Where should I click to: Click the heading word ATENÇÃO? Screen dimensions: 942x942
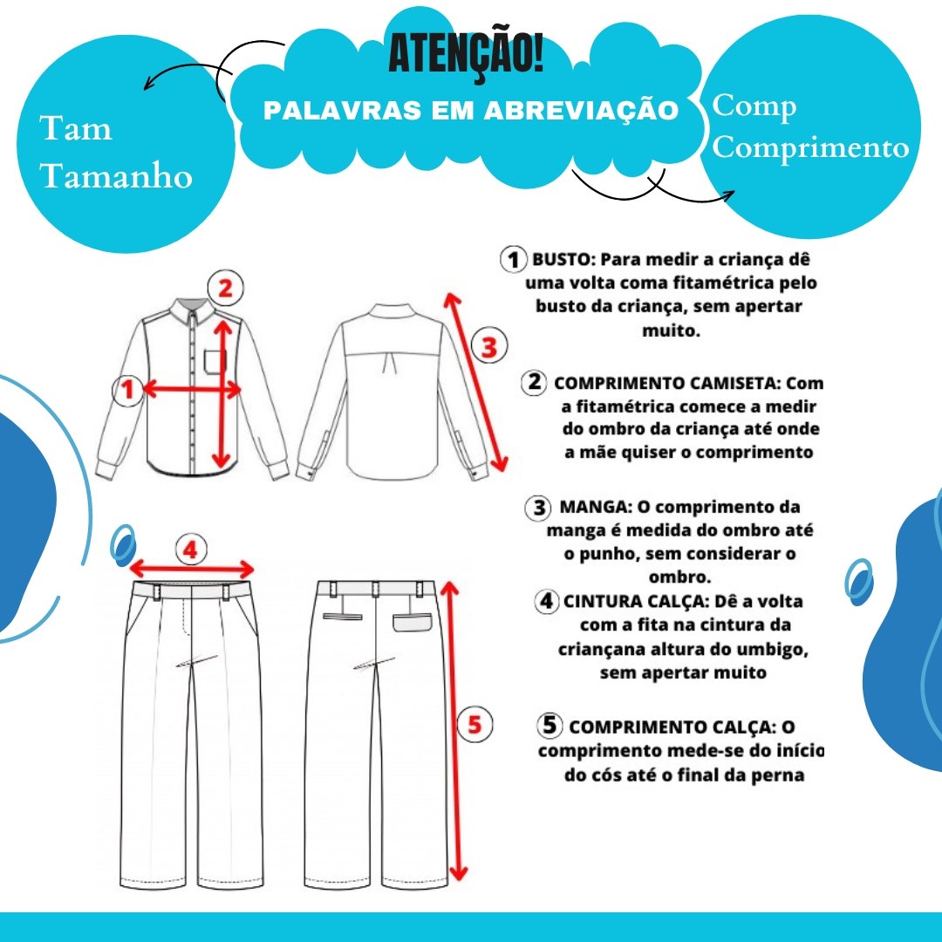466,54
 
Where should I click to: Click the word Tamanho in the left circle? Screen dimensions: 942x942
116,176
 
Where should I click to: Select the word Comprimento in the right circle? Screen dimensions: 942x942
810,147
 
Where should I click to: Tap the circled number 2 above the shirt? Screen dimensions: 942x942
225,287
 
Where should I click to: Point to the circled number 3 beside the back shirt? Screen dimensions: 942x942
489,346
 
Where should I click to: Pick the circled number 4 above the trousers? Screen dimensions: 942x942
191,549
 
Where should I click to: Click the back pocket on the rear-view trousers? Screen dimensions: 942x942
412,623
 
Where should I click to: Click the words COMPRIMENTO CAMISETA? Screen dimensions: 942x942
667,383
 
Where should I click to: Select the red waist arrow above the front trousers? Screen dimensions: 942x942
191,570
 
